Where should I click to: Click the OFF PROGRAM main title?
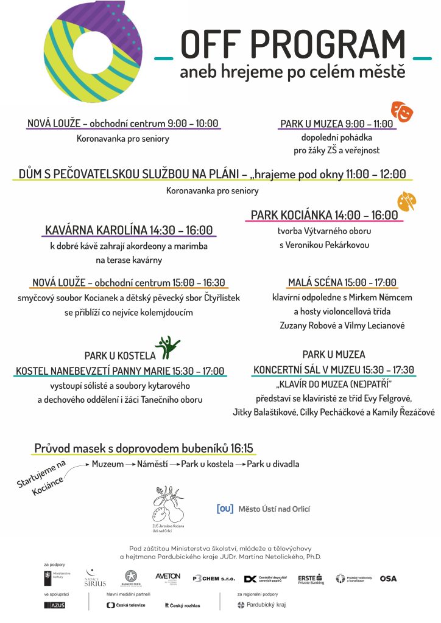[293, 44]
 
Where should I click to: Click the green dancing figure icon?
[167, 347]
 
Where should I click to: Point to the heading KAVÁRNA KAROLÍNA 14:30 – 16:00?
[129, 231]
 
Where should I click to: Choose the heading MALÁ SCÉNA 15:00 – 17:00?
[343, 282]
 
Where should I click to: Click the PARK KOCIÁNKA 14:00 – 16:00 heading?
[324, 215]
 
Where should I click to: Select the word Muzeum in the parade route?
[107, 464]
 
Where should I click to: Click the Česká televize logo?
[126, 605]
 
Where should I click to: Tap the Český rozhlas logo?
[182, 605]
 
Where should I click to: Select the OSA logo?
[388, 579]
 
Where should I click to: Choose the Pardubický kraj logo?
[261, 605]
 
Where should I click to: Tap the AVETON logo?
[168, 577]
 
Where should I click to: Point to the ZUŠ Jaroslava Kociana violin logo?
[168, 506]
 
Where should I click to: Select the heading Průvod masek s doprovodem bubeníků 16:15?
[144, 449]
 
